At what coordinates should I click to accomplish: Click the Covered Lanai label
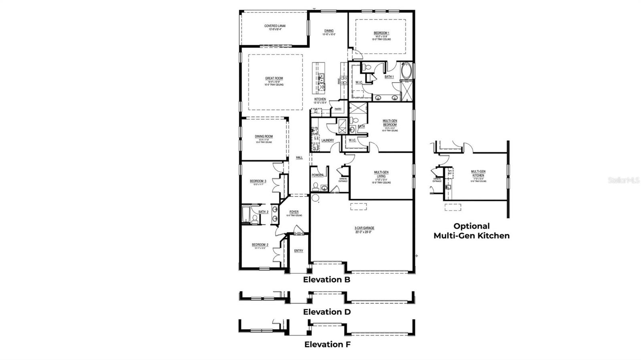click(275, 26)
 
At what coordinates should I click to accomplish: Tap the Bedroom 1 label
click(381, 33)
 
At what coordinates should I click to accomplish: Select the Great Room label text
click(274, 79)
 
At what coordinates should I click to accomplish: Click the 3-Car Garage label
click(364, 228)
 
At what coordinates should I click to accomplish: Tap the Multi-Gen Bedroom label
click(389, 123)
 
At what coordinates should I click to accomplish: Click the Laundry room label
click(328, 140)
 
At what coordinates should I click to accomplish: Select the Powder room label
click(318, 175)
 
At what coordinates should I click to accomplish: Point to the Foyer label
click(294, 212)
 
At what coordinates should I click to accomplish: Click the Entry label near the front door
click(298, 251)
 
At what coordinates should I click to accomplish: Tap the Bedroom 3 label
click(258, 181)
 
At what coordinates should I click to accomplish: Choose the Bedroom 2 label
click(260, 245)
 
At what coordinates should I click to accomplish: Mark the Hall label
click(299, 158)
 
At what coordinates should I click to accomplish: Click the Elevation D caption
click(327, 312)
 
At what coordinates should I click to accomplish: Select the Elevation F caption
click(327, 344)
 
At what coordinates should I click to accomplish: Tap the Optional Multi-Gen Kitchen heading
click(472, 231)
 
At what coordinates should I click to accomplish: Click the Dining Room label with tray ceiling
click(264, 137)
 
